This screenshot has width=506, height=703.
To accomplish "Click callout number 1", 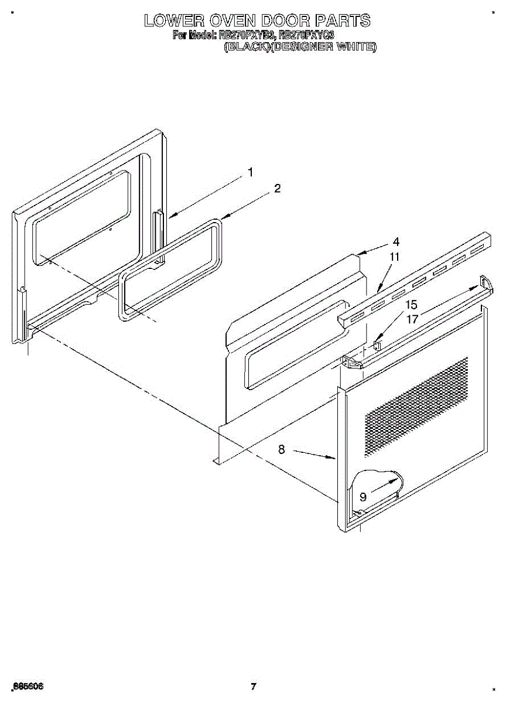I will click(x=251, y=172).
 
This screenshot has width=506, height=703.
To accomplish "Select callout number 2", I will click(x=277, y=189).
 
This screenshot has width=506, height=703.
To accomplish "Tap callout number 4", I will click(x=396, y=241).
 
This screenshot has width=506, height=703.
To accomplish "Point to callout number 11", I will click(x=395, y=257).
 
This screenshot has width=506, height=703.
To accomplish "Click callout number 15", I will click(x=412, y=305).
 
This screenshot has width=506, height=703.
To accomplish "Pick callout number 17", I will click(x=412, y=319).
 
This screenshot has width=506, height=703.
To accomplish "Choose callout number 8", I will click(x=282, y=449).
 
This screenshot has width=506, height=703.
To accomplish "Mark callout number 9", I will click(x=363, y=497).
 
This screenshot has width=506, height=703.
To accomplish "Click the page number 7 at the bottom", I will click(x=253, y=687).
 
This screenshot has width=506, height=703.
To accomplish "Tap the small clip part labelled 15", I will click(x=377, y=346).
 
